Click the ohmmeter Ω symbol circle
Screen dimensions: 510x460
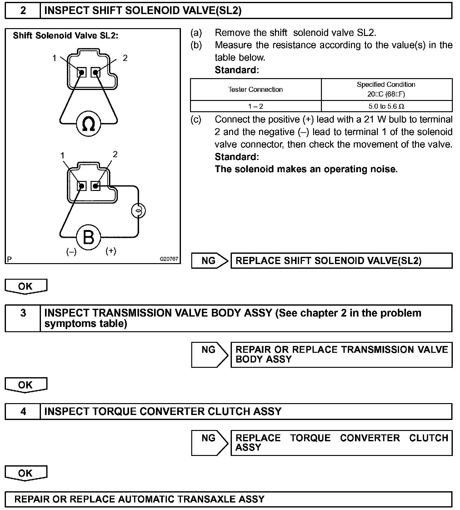(x=88, y=124)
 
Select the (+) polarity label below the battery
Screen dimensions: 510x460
(x=111, y=251)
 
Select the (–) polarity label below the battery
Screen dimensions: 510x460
(x=71, y=252)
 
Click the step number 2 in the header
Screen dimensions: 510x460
(x=23, y=11)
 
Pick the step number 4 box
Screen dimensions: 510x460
(x=23, y=411)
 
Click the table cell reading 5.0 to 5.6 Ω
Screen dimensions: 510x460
(x=386, y=106)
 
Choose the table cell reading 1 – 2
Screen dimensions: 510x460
(x=256, y=106)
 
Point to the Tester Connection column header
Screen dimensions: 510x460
(x=255, y=89)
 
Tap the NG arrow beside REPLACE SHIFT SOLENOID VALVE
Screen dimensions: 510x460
(x=209, y=261)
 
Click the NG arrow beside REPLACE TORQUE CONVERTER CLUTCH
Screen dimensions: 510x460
(x=209, y=442)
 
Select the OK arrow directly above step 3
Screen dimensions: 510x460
(x=26, y=286)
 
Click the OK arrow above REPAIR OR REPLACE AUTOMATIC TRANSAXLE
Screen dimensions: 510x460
(x=26, y=473)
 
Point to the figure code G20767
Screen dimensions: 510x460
(x=169, y=259)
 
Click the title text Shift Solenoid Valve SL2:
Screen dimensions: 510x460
(x=66, y=36)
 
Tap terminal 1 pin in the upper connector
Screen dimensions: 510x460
(x=82, y=72)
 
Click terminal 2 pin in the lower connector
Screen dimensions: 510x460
(x=96, y=186)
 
